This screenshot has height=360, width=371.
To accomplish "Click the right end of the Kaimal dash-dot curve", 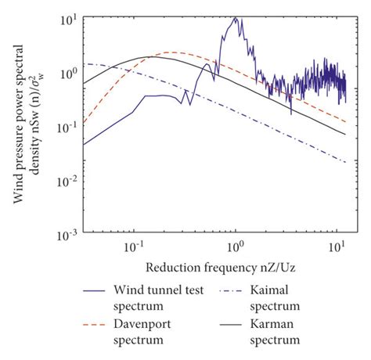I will coord(345,162).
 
